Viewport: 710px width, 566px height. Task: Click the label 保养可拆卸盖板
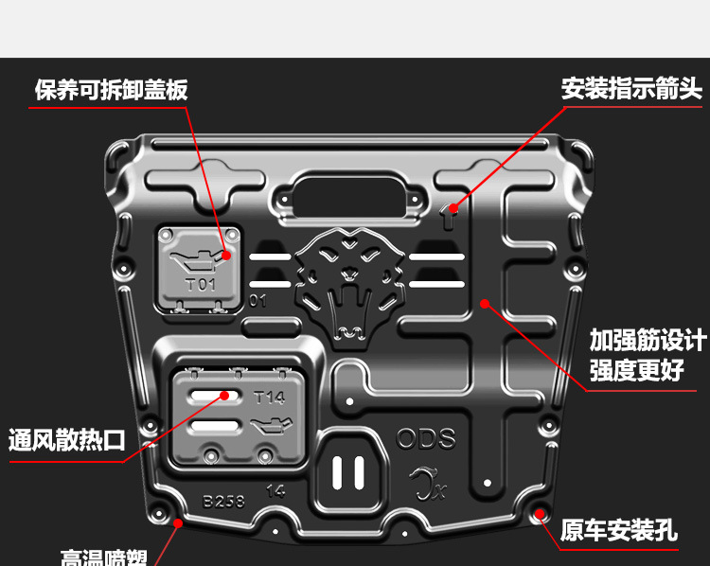[112, 90]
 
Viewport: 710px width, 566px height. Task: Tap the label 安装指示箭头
[631, 90]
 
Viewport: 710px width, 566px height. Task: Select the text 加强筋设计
[648, 340]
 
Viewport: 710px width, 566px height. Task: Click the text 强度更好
[636, 369]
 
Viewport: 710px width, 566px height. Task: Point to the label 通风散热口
[67, 440]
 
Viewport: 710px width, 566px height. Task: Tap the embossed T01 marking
[200, 283]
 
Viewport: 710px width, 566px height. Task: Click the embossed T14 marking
[269, 398]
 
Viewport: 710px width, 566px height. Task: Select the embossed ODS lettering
[425, 439]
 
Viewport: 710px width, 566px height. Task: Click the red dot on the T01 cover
[227, 255]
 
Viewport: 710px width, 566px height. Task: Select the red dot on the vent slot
[225, 396]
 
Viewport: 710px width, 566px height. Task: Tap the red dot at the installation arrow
[453, 207]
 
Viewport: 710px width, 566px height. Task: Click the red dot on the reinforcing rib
[484, 304]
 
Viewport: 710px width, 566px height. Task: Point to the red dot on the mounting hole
[540, 514]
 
